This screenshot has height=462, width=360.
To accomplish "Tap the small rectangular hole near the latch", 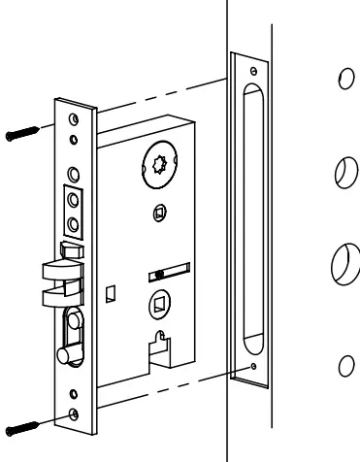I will [112, 290].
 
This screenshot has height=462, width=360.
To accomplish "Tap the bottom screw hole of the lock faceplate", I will [74, 415].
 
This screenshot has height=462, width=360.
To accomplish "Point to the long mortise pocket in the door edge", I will [255, 217].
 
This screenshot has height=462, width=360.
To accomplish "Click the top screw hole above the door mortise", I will [252, 71].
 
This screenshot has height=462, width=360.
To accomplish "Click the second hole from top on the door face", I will [341, 172].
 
